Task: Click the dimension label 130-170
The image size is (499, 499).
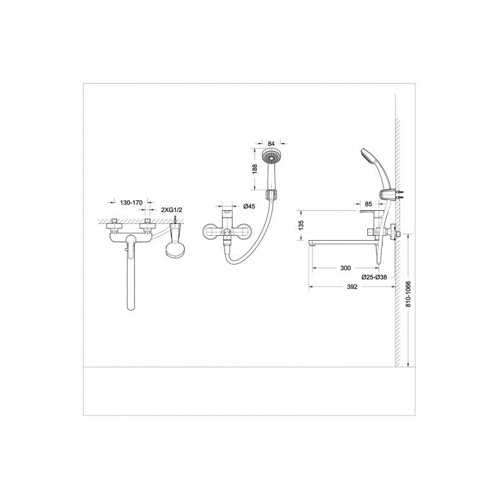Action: (x=131, y=203)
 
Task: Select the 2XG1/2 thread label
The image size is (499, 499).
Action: (x=172, y=210)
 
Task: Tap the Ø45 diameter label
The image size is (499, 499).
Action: (x=249, y=206)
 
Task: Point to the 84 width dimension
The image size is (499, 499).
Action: (x=271, y=144)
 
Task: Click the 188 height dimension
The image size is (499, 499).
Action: (x=254, y=169)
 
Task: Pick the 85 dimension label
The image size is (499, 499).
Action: (x=369, y=204)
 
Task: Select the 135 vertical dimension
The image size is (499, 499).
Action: (x=301, y=225)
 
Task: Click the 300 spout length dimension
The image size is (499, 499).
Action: (x=346, y=268)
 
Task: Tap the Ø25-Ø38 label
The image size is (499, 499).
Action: (x=374, y=277)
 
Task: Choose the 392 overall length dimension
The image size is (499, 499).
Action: (x=352, y=287)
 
